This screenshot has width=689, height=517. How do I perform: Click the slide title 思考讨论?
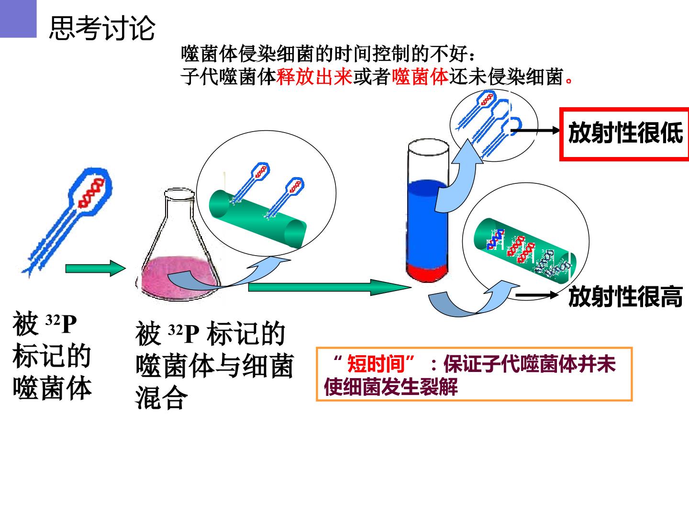[102, 28]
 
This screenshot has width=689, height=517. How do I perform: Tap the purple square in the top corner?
[18, 19]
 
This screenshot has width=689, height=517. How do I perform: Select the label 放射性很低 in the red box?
[625, 133]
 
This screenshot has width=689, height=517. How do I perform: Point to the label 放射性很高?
[625, 296]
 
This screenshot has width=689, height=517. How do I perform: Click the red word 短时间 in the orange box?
[376, 364]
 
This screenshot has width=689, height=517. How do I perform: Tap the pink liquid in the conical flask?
[179, 278]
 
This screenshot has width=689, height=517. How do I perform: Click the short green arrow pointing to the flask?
[95, 269]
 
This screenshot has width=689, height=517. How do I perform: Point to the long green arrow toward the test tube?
[330, 287]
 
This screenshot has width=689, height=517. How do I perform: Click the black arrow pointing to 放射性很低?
[535, 130]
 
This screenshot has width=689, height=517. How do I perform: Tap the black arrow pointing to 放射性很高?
[537, 295]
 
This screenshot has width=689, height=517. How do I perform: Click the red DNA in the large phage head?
[91, 193]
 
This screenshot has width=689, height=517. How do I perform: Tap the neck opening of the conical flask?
[179, 194]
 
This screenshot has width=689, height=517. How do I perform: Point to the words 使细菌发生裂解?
[391, 387]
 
